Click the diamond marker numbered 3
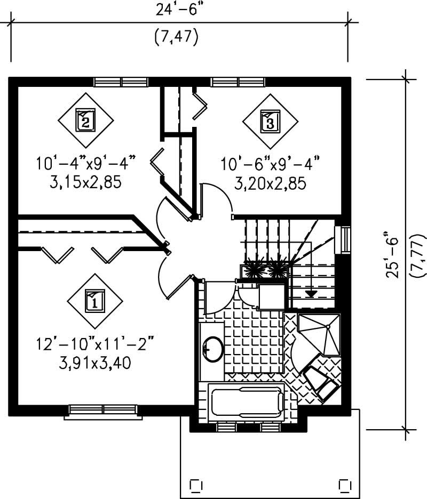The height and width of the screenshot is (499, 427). click(270, 121)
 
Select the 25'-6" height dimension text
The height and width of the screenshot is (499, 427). click(394, 256)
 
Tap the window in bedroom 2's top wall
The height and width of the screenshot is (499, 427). click(121, 82)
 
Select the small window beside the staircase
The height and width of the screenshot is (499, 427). click(345, 238)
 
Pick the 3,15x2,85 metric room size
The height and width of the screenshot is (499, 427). click(85, 183)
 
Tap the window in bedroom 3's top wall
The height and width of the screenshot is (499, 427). click(238, 82)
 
